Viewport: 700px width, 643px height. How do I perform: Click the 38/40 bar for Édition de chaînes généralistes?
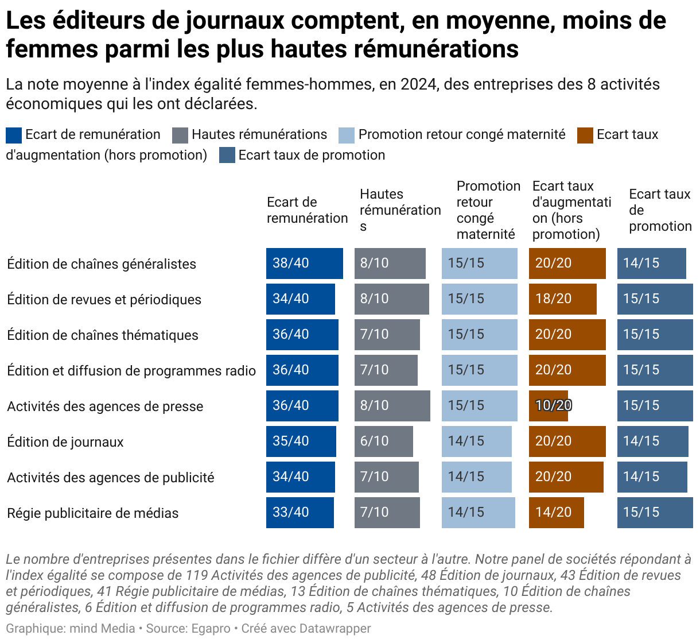[x=304, y=264]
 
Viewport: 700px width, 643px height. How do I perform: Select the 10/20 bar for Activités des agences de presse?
[x=549, y=406]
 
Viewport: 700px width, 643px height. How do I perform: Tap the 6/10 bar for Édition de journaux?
[x=383, y=441]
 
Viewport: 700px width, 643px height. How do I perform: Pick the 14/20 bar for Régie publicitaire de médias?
[x=556, y=513]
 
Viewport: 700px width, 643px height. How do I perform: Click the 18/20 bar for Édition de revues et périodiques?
[x=562, y=299]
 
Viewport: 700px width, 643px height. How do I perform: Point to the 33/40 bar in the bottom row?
[x=300, y=513]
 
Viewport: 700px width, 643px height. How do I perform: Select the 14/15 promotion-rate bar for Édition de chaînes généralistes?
[x=651, y=264]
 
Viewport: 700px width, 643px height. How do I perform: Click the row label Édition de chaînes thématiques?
[x=103, y=335]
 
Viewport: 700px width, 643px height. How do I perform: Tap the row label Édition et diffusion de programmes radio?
[x=131, y=371]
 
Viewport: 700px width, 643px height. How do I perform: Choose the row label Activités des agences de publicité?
[x=111, y=478]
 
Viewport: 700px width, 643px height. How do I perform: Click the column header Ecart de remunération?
[x=307, y=210]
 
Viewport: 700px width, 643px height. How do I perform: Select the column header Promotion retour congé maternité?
[x=488, y=210]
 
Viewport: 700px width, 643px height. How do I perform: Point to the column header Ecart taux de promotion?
[x=660, y=210]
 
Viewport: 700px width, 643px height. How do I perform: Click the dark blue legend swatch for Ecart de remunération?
[x=14, y=135]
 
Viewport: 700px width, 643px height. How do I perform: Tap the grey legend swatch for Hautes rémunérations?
[x=180, y=135]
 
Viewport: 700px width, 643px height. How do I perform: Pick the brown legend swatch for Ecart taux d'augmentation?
[x=585, y=135]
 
